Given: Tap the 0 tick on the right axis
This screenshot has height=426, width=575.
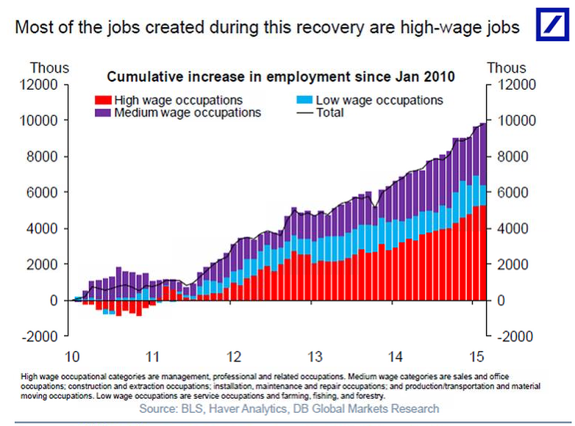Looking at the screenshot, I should coord(503,300).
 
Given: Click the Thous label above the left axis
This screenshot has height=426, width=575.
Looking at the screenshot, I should coord(49,68).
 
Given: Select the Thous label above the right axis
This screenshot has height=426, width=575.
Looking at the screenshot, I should coord(507,68).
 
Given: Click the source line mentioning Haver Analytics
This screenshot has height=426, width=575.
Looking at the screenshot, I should coord(288,408).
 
